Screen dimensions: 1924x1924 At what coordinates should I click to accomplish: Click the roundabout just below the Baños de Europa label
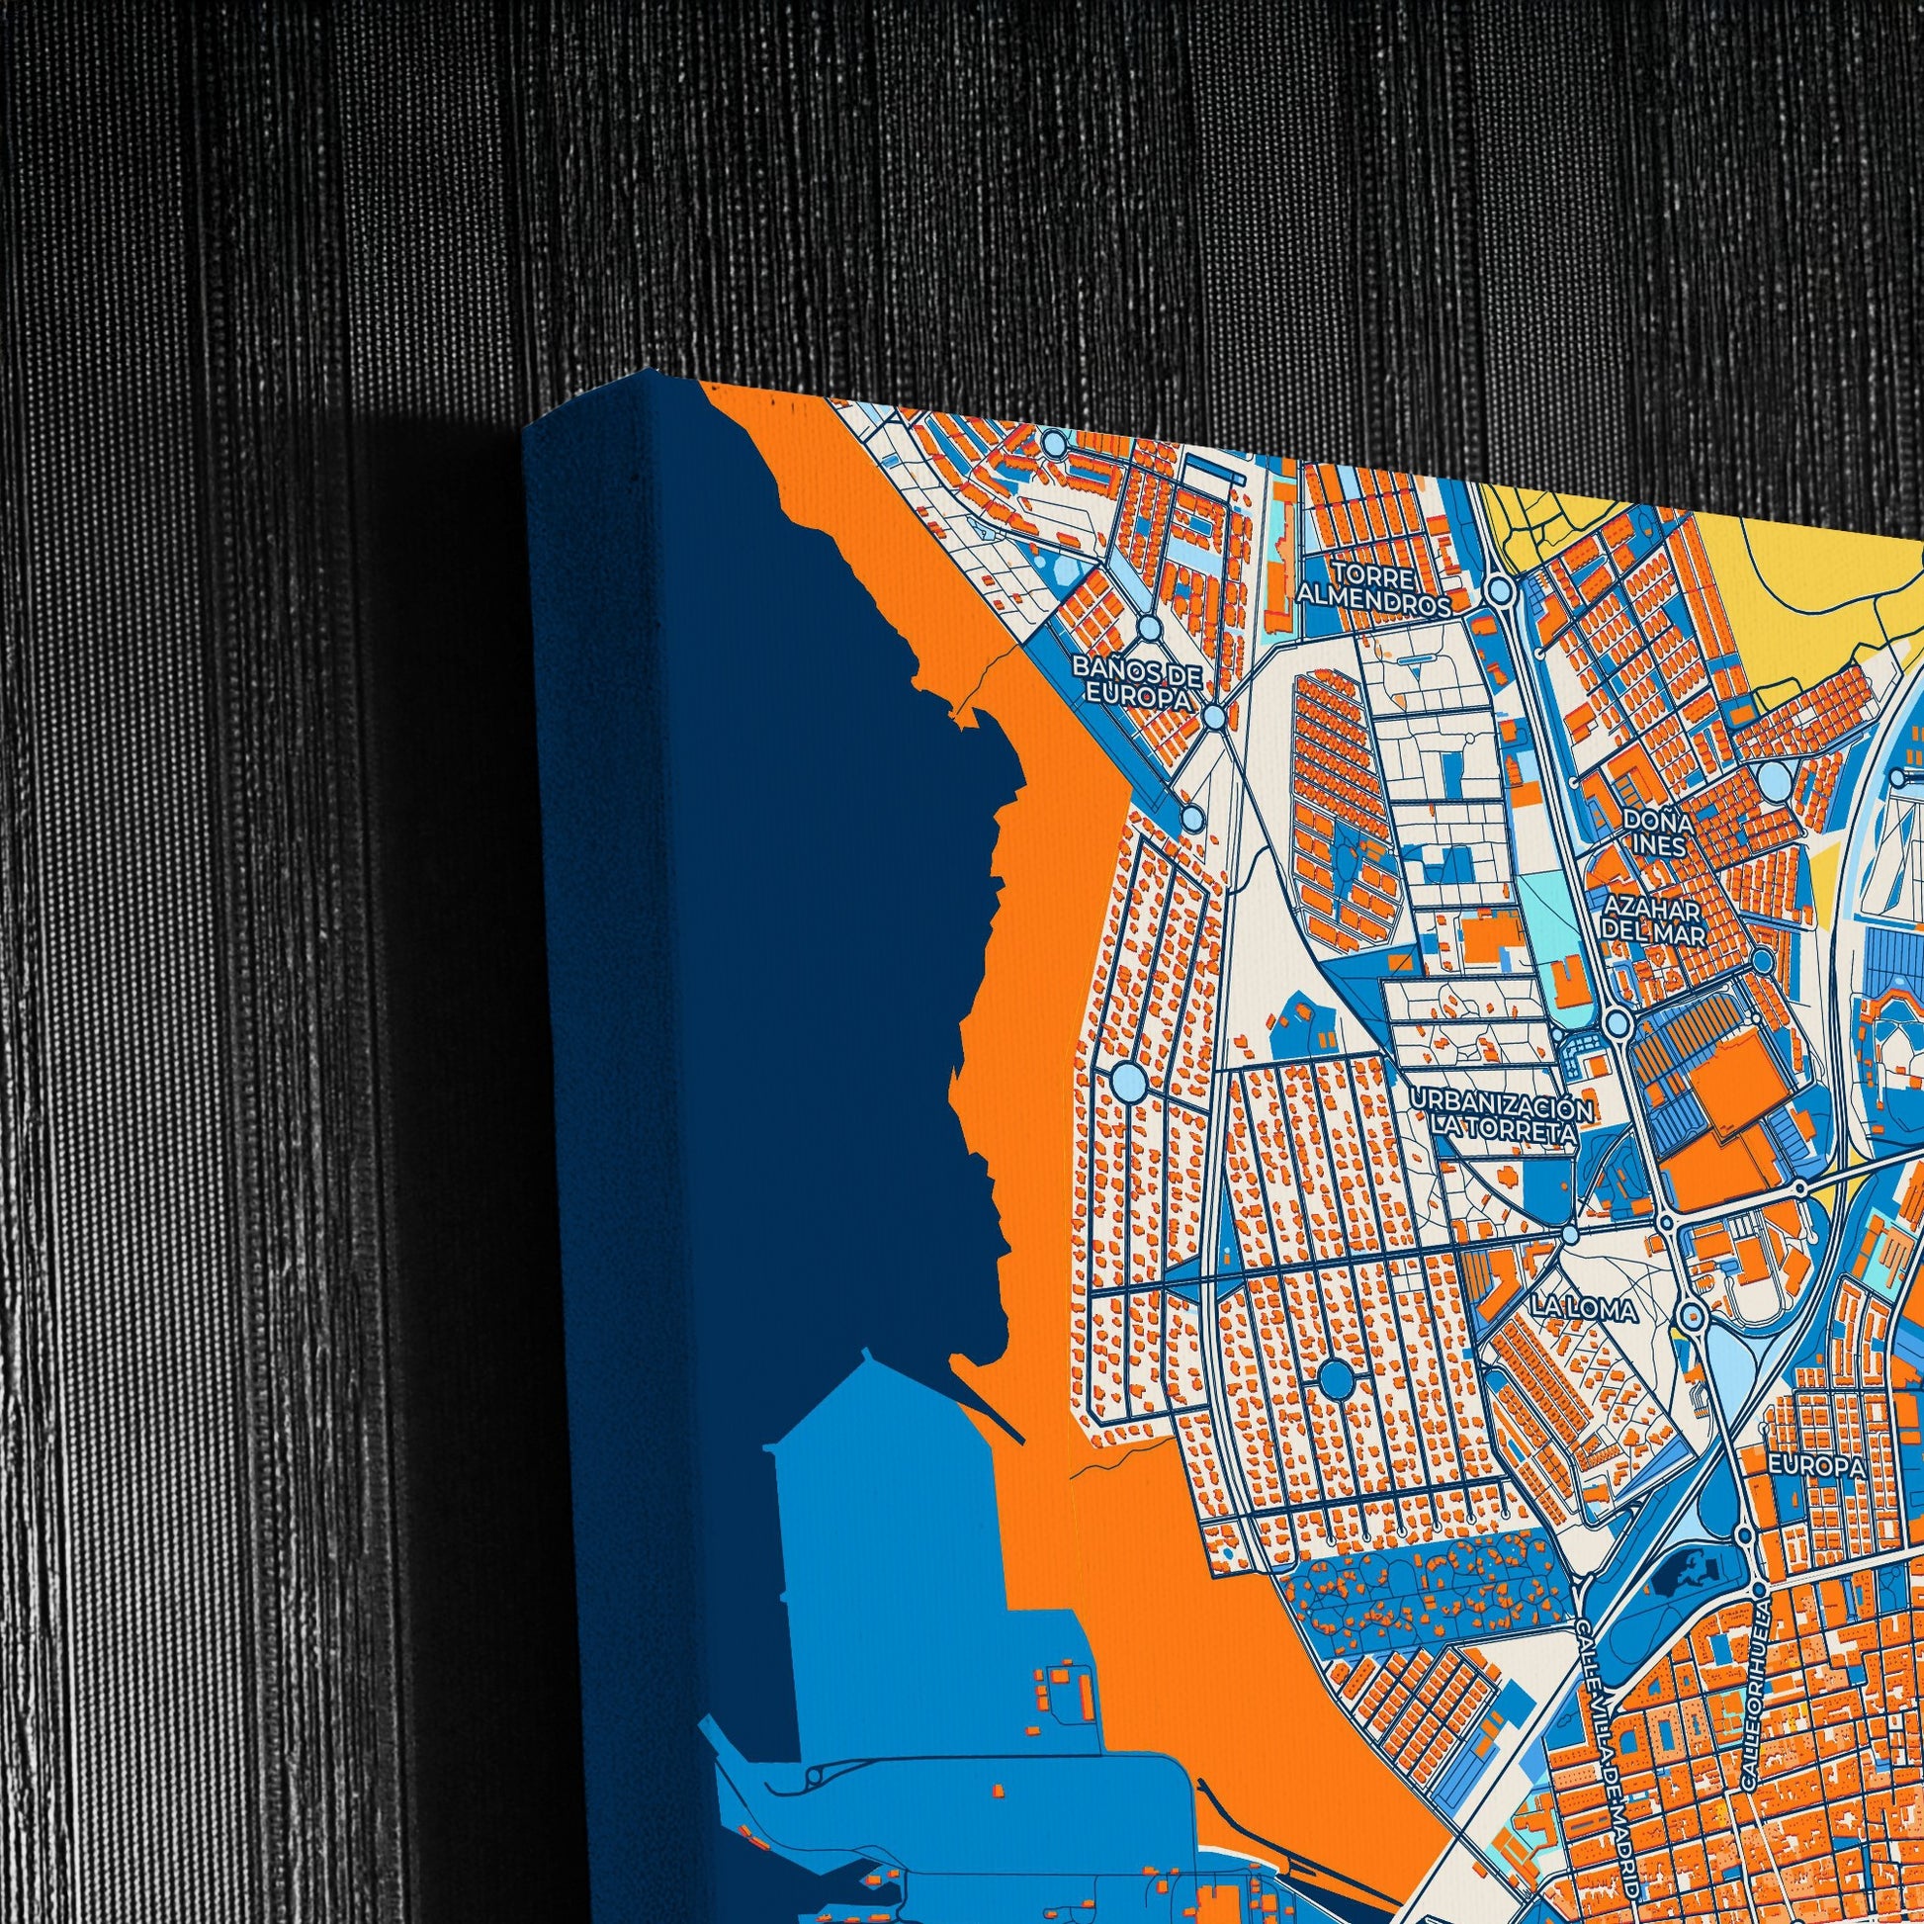tap(1214, 717)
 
